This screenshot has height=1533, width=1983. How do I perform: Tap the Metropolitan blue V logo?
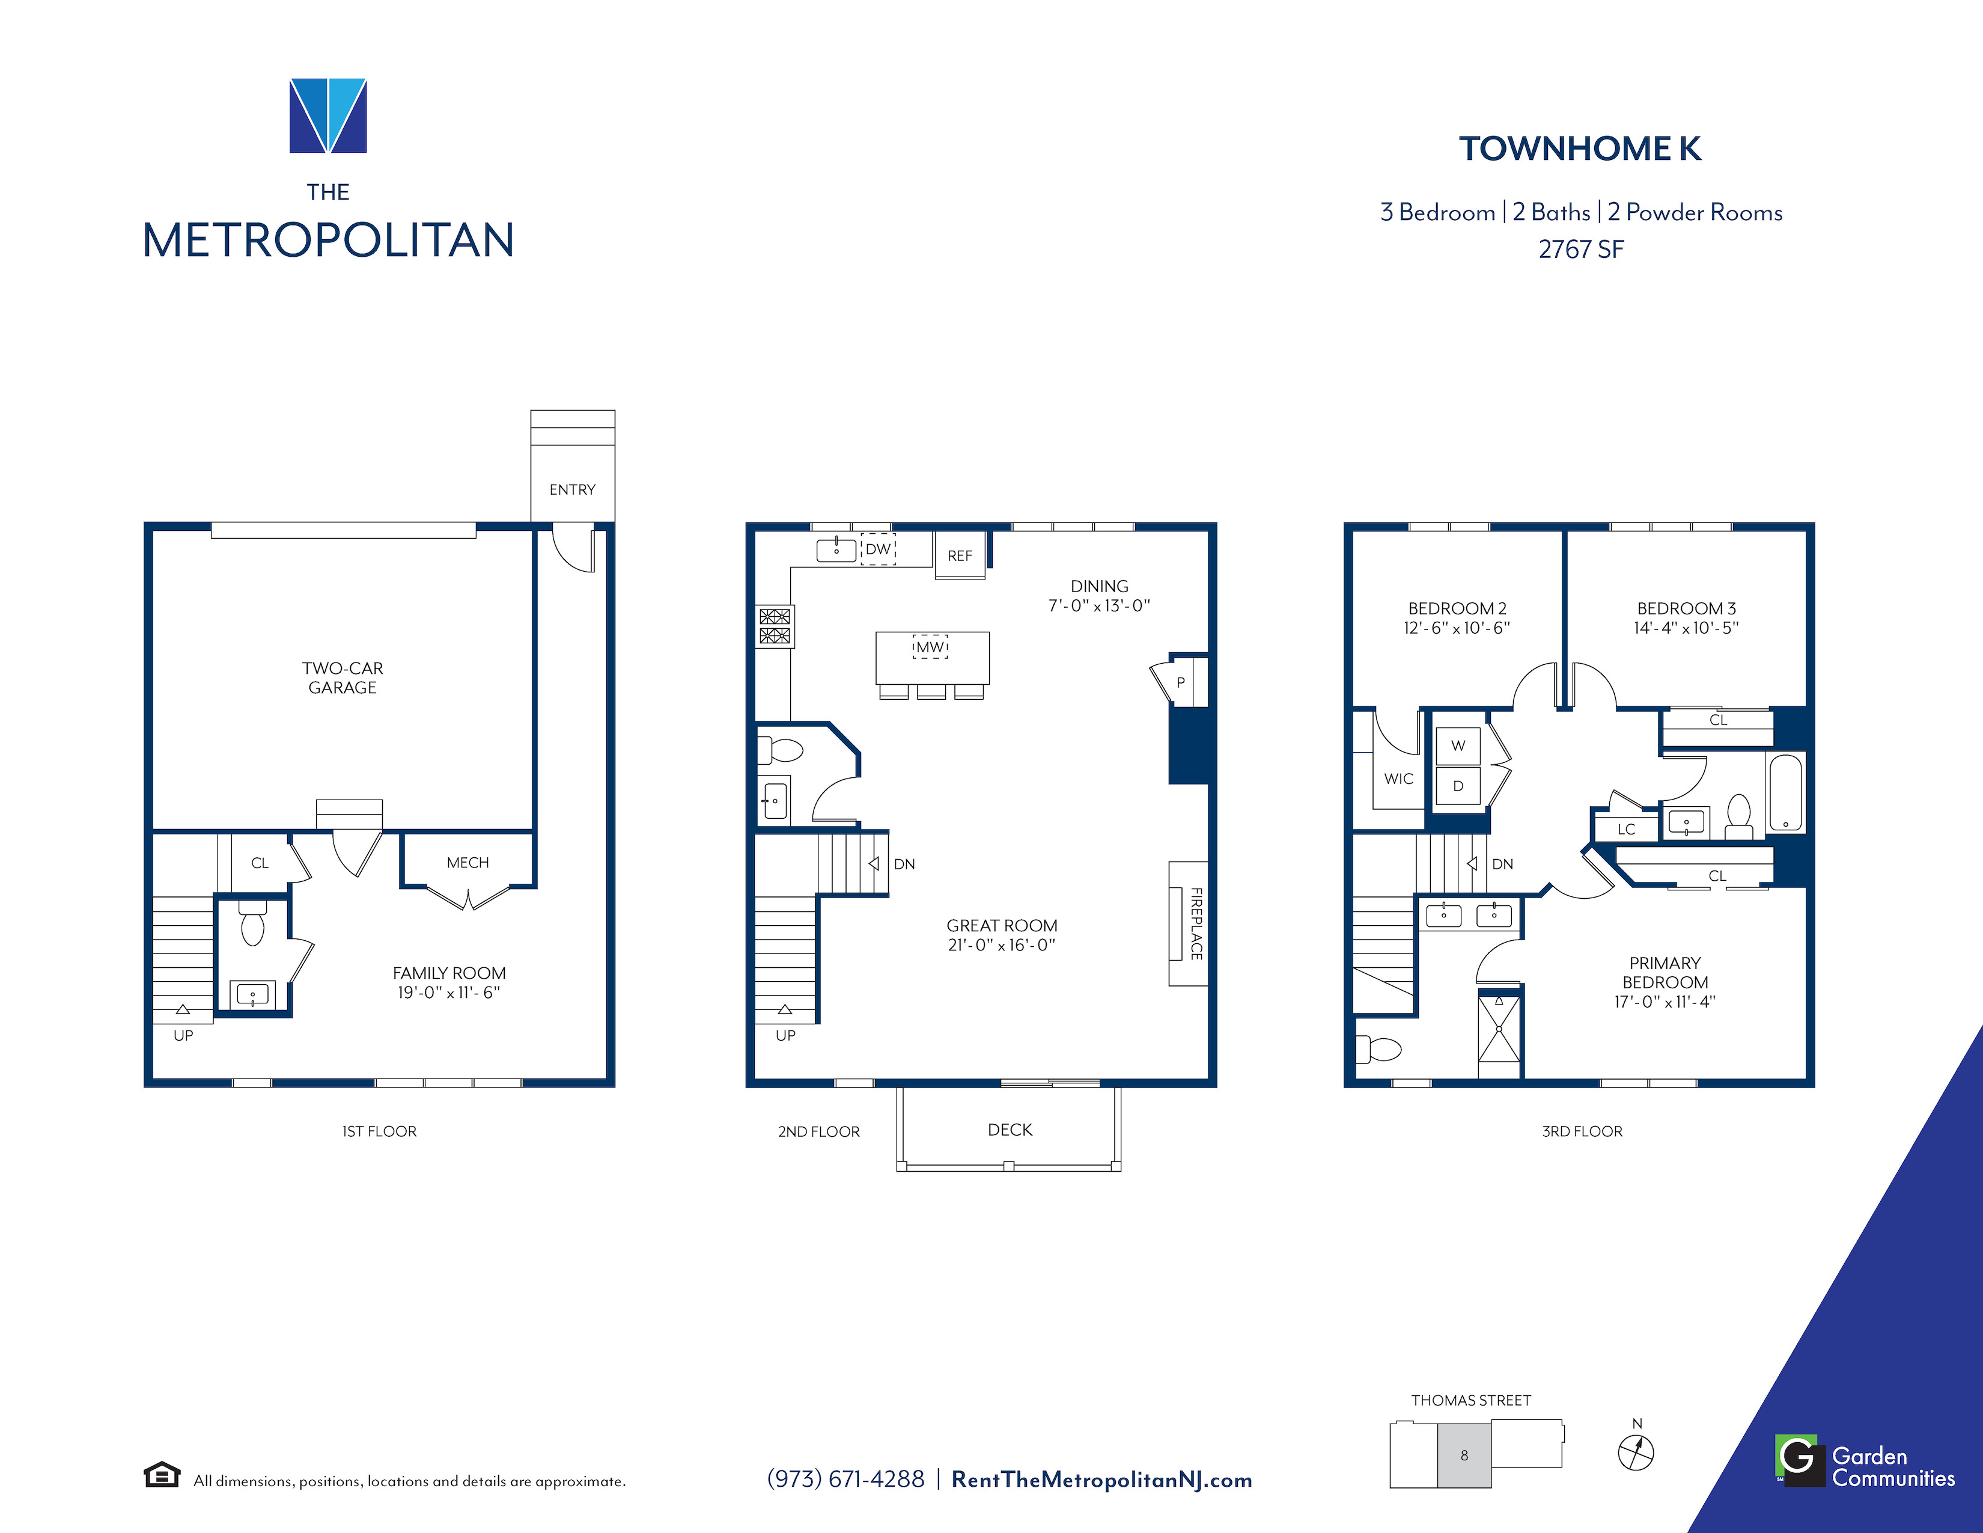coord(327,115)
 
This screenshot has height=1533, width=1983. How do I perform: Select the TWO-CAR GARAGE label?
coord(343,678)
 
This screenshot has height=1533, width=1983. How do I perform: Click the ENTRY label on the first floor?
coord(572,489)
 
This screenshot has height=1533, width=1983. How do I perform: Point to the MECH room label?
coord(468,863)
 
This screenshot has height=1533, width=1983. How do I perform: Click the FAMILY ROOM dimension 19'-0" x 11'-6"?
coord(448,993)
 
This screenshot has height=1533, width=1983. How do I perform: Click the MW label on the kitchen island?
coord(930,647)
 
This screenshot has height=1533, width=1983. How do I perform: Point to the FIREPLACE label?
coord(1196,923)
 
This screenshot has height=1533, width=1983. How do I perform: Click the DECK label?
coord(1010,1130)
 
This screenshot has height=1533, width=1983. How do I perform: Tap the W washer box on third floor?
coord(1458,745)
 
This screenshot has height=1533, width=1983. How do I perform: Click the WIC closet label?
coord(1398,779)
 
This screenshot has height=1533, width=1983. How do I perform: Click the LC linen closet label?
coord(1626,829)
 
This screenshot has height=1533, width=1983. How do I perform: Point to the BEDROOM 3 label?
coord(1686,608)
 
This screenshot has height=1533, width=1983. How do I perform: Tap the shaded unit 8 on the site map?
coord(1464,1455)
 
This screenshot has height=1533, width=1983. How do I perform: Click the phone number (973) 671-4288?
coord(846,1479)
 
